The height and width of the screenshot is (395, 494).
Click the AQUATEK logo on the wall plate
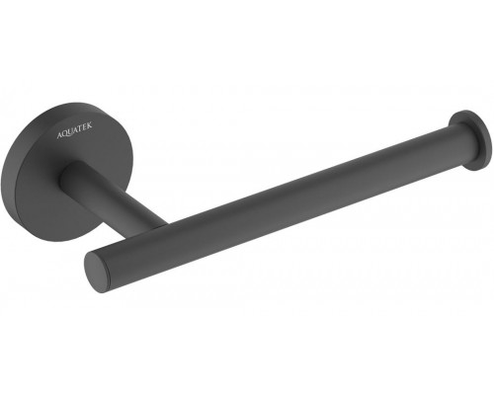click(75, 130)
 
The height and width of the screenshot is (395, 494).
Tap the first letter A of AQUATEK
click(60, 135)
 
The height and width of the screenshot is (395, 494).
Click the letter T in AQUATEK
click(81, 128)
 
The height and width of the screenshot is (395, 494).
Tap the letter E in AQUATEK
click(86, 127)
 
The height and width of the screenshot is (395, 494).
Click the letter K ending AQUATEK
click(90, 125)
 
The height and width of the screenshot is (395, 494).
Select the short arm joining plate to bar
click(112, 196)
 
